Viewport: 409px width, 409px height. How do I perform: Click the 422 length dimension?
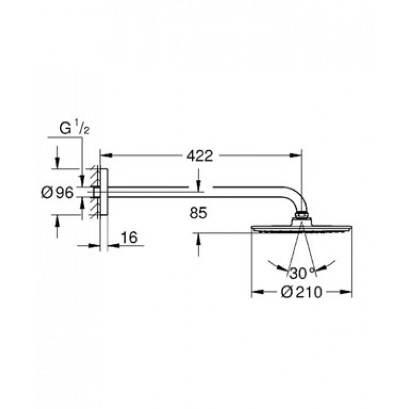pyautogui.click(x=200, y=156)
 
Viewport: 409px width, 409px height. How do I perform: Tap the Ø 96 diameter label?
pyautogui.click(x=57, y=193)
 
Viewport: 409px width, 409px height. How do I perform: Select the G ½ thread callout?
pyautogui.click(x=74, y=128)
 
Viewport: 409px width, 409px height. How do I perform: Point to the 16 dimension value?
pyautogui.click(x=129, y=237)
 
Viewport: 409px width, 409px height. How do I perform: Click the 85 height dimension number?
pyautogui.click(x=198, y=213)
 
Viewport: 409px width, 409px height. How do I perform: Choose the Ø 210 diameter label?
pyautogui.click(x=302, y=292)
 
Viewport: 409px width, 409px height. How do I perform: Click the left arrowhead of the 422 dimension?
pyautogui.click(x=106, y=155)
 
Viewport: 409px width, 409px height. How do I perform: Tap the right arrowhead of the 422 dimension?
pyautogui.click(x=296, y=155)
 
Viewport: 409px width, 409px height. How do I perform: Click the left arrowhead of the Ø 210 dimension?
pyautogui.click(x=257, y=292)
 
